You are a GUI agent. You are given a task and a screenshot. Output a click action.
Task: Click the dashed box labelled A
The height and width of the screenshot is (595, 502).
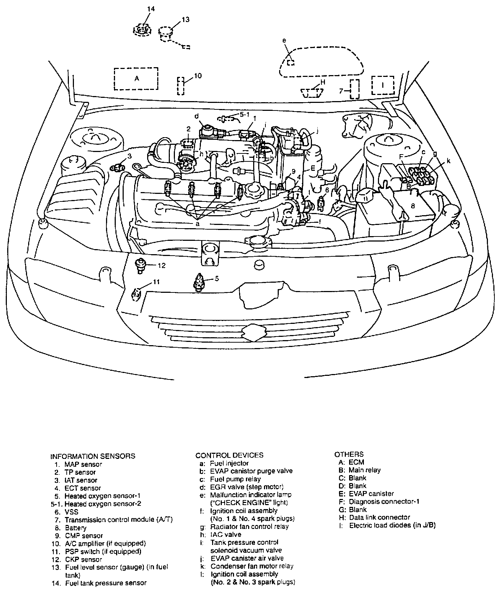click(x=136, y=78)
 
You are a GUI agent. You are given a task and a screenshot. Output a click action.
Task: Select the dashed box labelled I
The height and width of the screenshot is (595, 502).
click(x=383, y=85)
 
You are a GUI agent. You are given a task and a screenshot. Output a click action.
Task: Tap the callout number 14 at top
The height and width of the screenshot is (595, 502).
click(x=151, y=9)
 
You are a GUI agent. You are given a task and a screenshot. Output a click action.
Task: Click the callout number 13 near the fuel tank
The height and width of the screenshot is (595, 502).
click(x=185, y=20)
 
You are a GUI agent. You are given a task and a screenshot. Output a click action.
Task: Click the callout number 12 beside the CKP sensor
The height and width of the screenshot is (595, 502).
click(x=161, y=265)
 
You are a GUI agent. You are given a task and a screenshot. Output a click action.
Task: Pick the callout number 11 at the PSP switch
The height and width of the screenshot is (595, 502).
click(x=155, y=282)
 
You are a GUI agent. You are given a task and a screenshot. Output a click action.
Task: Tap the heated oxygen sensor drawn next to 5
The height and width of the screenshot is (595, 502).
click(x=199, y=281)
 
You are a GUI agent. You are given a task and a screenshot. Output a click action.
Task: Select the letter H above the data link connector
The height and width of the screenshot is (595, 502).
click(x=323, y=82)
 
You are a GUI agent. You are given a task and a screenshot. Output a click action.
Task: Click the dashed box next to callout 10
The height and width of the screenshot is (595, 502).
click(x=181, y=86)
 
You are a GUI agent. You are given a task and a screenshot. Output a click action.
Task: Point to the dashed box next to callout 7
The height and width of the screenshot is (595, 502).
click(x=355, y=89)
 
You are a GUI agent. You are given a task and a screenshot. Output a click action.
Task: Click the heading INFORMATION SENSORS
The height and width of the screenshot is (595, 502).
click(x=93, y=456)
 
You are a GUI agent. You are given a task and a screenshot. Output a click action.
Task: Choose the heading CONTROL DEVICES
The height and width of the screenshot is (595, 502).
click(x=229, y=455)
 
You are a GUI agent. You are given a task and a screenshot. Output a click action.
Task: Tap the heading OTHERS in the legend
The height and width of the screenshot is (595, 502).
click(x=349, y=454)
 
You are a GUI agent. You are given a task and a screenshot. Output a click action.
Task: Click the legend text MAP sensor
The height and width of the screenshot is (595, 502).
click(x=83, y=464)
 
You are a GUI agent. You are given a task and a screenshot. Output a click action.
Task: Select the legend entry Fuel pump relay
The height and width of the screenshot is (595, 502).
click(x=235, y=479)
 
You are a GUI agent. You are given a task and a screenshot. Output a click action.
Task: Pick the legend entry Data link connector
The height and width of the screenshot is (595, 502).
click(x=379, y=517)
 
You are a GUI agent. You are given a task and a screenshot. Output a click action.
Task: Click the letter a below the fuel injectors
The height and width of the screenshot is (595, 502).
click(x=197, y=224)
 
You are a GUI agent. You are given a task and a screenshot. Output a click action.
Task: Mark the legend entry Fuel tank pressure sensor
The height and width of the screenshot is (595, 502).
click(x=106, y=583)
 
